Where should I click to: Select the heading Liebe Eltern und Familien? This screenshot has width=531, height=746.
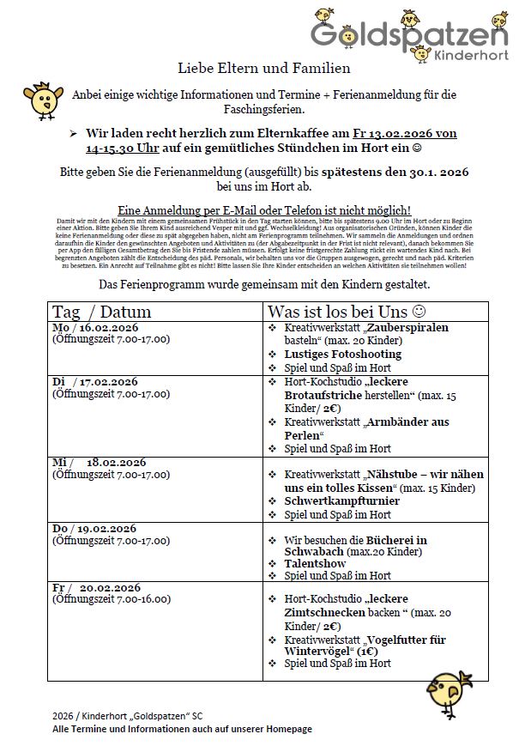click(x=264, y=68)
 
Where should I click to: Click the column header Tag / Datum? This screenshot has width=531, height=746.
click(x=101, y=311)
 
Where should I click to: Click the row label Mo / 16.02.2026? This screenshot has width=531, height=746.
click(x=95, y=327)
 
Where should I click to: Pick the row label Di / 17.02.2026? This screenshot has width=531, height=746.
click(x=95, y=382)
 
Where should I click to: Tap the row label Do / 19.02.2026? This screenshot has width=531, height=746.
click(x=95, y=528)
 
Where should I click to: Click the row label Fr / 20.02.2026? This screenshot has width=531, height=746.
click(x=95, y=587)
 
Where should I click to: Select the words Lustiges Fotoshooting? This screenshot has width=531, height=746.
click(x=342, y=354)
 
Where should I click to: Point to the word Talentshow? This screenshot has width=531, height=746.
click(x=315, y=564)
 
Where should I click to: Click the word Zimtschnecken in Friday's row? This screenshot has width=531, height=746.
click(x=323, y=614)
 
